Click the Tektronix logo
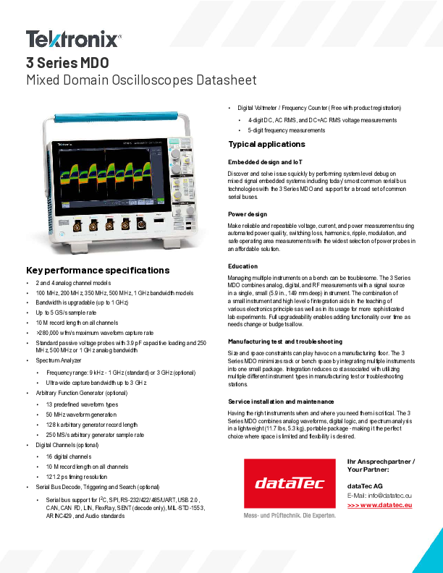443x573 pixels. tap(73, 39)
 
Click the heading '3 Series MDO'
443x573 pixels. tap(67, 63)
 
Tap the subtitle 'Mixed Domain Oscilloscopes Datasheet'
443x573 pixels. tap(141, 80)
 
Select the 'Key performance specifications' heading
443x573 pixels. tap(98, 271)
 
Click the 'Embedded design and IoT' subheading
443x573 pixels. tap(266, 161)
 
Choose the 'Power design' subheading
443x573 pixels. tap(248, 214)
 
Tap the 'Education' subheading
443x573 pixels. tap(242, 266)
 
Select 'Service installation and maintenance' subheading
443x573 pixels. tap(281, 401)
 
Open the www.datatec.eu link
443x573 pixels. tap(380, 504)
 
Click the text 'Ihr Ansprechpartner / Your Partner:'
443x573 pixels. tap(381, 465)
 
